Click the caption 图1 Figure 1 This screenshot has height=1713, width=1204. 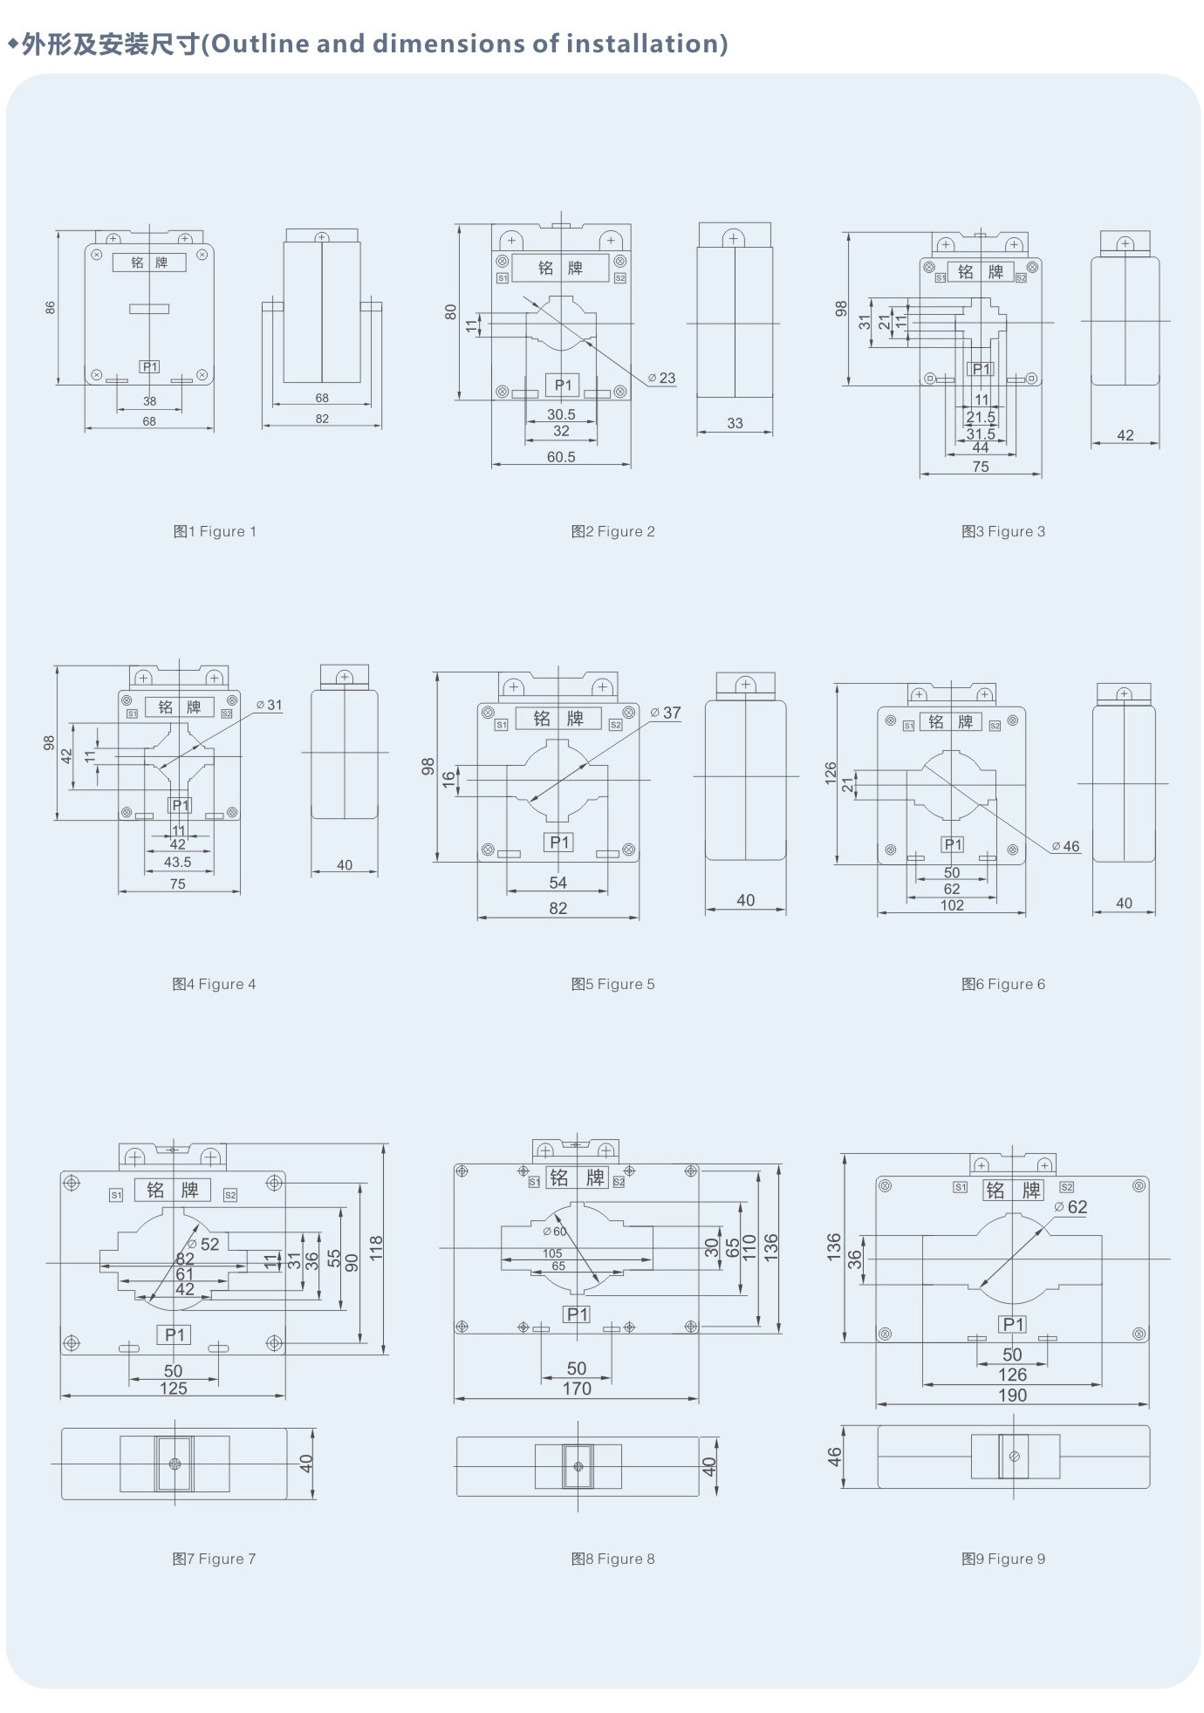(x=215, y=531)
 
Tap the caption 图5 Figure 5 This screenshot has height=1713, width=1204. (x=612, y=984)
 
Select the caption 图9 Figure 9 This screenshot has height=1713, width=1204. (x=1002, y=1559)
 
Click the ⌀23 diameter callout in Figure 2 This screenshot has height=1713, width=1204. (x=662, y=378)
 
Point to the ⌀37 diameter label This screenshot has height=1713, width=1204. (x=667, y=713)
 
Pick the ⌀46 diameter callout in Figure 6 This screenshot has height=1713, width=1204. (x=1065, y=846)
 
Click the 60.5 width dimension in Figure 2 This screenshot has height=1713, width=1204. (x=561, y=457)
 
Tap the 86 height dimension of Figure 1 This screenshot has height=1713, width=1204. (x=50, y=308)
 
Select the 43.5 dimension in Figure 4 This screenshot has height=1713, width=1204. (x=177, y=862)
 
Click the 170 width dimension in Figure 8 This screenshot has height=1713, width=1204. (x=576, y=1389)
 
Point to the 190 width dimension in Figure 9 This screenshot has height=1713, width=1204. (x=1012, y=1395)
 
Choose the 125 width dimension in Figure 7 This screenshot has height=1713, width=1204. (x=173, y=1388)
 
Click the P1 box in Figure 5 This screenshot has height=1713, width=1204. (x=559, y=842)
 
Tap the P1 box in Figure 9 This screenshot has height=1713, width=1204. (x=1013, y=1324)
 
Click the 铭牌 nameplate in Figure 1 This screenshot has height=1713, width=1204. (x=149, y=263)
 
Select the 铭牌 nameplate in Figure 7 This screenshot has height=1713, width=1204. (x=172, y=1190)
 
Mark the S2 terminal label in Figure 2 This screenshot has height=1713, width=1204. (x=619, y=278)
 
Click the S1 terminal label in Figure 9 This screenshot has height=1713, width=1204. (x=960, y=1187)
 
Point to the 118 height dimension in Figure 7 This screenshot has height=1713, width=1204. (x=376, y=1247)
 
